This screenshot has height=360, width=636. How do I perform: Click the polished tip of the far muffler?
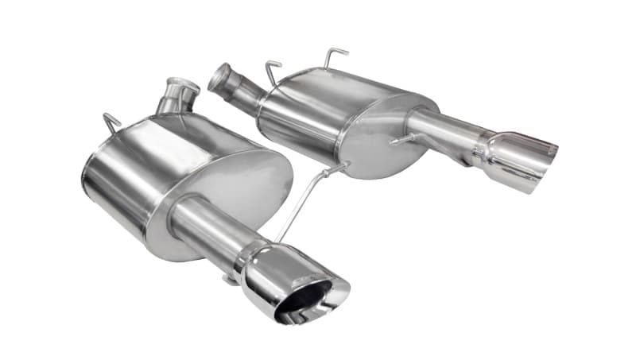tap(517, 159)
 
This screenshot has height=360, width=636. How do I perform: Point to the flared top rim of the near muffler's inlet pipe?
tap(183, 83)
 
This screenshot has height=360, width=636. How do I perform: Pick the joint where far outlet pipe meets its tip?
tap(482, 148)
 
